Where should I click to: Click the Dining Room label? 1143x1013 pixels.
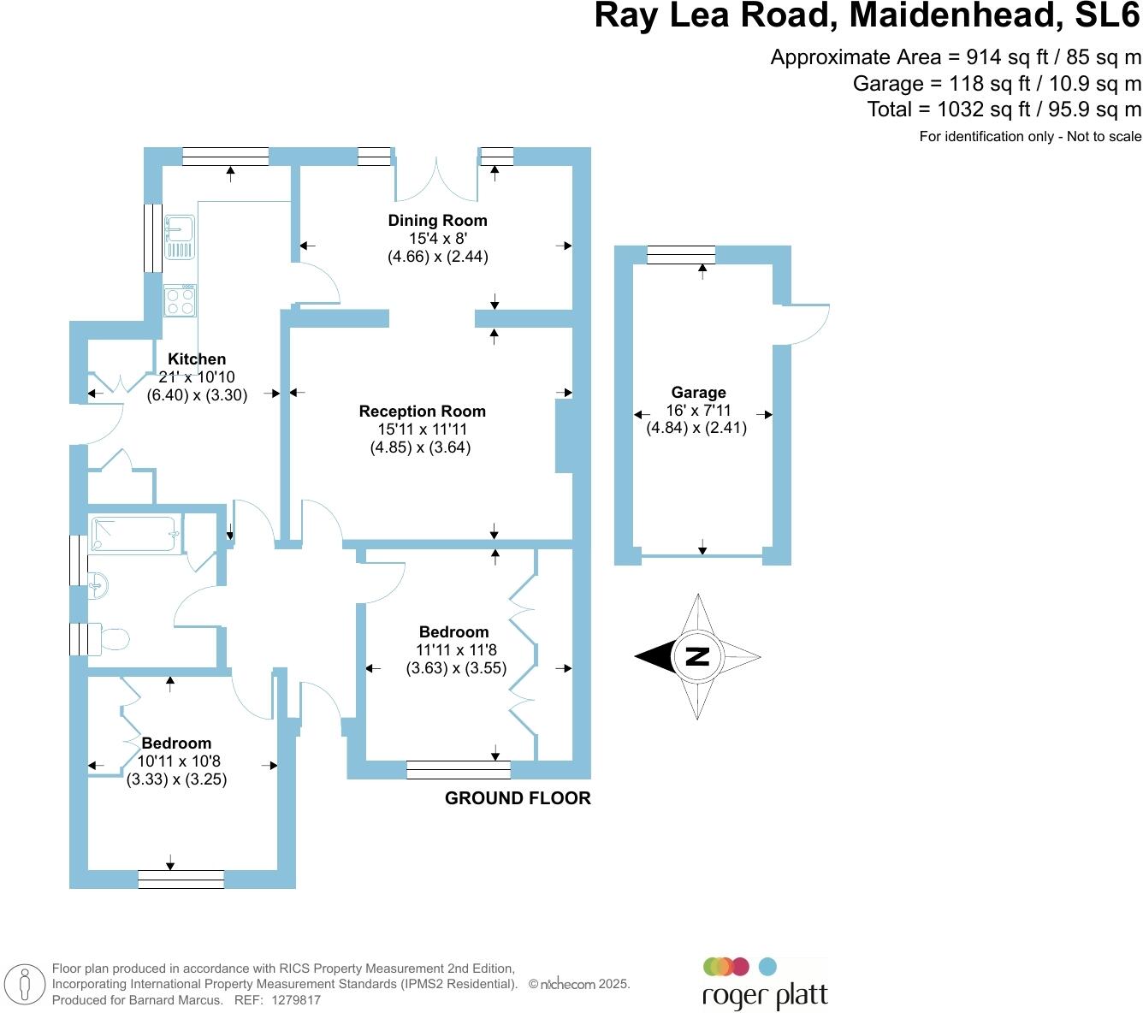tap(437, 221)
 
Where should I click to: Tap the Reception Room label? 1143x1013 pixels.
tap(422, 412)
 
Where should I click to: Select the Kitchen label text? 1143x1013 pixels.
tap(197, 359)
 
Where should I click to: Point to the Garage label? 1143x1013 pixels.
tap(698, 393)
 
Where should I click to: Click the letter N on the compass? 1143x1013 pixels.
tap(698, 656)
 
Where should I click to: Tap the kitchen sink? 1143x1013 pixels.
tap(181, 236)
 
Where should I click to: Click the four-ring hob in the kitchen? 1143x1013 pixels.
tap(181, 300)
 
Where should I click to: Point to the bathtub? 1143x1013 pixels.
tap(136, 534)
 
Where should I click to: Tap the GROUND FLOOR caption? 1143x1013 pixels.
tap(518, 798)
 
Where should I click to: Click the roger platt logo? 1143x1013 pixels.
tap(764, 984)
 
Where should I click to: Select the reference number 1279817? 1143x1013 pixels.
tap(296, 999)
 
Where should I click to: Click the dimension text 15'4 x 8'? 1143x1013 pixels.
tap(437, 239)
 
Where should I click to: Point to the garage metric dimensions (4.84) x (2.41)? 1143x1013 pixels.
tap(696, 428)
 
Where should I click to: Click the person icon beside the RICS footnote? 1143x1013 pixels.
tap(27, 985)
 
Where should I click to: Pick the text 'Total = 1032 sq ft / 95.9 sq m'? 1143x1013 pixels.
tap(1004, 110)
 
